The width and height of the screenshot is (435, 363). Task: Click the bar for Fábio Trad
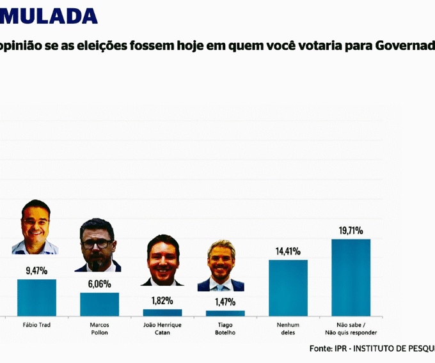(36, 297)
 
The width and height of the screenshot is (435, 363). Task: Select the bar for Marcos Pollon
(99, 304)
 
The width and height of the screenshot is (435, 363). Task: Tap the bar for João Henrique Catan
(162, 313)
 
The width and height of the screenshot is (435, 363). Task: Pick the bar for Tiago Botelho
(225, 313)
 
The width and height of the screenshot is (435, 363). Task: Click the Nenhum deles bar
(288, 288)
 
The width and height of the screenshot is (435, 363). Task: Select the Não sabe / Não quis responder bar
(351, 277)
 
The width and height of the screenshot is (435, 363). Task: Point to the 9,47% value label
(36, 271)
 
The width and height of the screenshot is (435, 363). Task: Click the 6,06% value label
(99, 284)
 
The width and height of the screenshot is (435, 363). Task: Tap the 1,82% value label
(162, 300)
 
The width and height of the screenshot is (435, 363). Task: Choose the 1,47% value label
(225, 302)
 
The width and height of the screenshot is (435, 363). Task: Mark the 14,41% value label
(288, 251)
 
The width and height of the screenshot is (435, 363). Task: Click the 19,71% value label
(351, 230)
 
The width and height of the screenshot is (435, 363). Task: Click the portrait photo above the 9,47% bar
(35, 228)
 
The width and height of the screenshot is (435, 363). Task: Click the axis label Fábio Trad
(36, 325)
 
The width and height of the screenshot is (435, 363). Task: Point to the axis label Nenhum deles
(288, 328)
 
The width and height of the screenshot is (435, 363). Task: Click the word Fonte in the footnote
(320, 349)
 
